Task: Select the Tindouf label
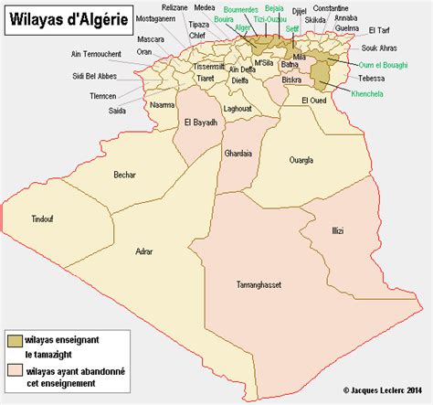(43, 218)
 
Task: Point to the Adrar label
(143, 250)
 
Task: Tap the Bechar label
(125, 174)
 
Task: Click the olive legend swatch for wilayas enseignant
(16, 339)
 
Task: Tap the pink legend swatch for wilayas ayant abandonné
(16, 370)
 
